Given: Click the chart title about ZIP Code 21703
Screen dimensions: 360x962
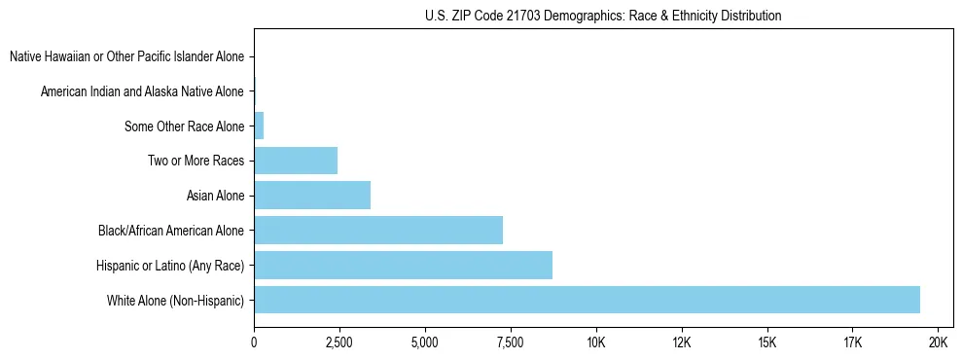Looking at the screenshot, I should (x=603, y=16).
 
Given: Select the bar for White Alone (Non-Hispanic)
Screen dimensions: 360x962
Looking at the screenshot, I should (x=587, y=300).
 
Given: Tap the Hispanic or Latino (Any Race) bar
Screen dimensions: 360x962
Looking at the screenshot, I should (x=403, y=265).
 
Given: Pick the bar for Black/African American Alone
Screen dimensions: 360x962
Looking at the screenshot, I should (x=378, y=231).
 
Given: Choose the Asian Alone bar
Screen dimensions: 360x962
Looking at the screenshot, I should (x=312, y=196).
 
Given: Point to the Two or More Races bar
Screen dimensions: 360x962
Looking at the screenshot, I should (x=296, y=161).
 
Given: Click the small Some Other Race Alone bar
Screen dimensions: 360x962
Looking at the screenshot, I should (x=259, y=126).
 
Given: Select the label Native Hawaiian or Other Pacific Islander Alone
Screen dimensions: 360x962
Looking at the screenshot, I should (x=127, y=57).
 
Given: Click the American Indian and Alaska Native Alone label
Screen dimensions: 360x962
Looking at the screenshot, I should (x=143, y=92).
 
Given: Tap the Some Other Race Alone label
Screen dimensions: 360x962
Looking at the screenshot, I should (x=185, y=126).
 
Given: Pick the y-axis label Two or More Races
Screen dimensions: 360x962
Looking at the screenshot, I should (x=196, y=161).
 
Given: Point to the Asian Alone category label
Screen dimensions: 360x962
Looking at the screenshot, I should (x=216, y=196).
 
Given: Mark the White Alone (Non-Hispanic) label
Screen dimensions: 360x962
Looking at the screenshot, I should (x=176, y=300).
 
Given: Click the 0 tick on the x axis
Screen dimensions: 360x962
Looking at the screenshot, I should (x=254, y=343).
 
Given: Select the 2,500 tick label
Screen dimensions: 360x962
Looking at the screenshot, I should (x=339, y=343).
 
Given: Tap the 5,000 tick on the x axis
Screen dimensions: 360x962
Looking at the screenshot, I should (x=425, y=343).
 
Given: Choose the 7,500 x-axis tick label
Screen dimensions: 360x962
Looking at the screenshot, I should (x=511, y=343).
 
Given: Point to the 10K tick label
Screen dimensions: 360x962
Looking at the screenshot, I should (x=596, y=343).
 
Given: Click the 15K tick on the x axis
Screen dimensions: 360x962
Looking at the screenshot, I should (x=767, y=343).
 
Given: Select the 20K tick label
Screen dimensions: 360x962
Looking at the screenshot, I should (x=939, y=343).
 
